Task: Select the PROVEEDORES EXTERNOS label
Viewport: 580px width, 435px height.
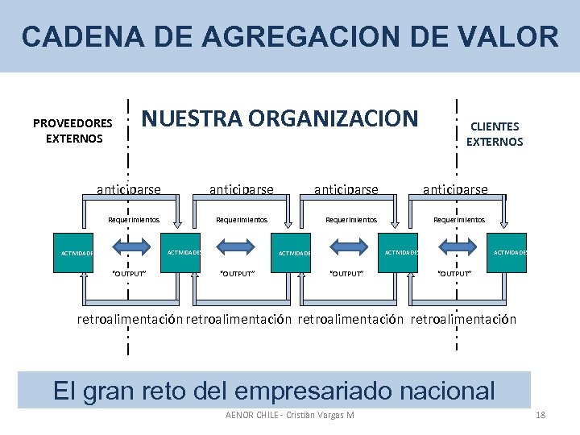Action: [73, 130]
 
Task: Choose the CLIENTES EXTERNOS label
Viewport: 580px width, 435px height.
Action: [495, 134]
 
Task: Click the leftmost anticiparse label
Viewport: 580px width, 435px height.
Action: [128, 190]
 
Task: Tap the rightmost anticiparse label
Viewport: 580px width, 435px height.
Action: [455, 190]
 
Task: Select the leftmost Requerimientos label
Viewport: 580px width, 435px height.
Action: [134, 219]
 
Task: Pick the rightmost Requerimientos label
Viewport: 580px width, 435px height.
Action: [459, 219]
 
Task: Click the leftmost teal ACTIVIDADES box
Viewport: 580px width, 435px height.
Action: [78, 253]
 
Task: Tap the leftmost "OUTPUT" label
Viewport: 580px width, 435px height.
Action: [128, 274]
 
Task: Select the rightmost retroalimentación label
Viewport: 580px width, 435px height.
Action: [463, 320]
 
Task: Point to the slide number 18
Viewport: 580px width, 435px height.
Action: [541, 415]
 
